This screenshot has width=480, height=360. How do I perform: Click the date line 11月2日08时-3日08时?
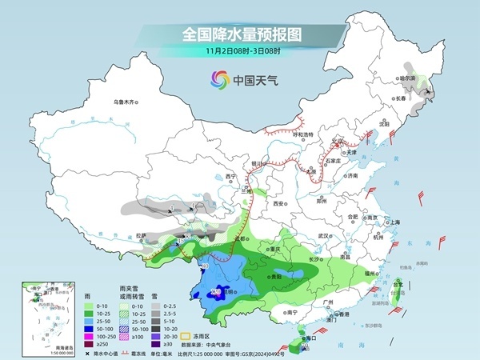coord(239,52)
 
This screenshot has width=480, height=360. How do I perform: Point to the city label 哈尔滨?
coord(408,78)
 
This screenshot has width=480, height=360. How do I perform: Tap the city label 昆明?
coord(227,292)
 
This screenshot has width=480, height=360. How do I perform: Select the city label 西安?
coord(278,204)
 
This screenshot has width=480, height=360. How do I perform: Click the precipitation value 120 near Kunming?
coord(215,290)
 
